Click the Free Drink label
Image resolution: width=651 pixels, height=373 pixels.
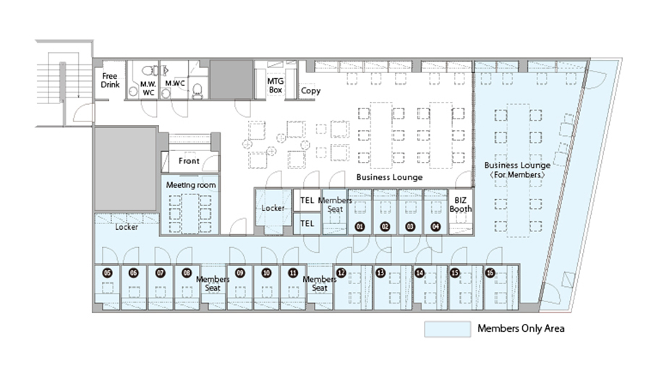110,80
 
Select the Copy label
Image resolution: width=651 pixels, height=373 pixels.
310,91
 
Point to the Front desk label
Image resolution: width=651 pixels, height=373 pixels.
189,161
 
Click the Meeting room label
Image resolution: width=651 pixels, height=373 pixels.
191,185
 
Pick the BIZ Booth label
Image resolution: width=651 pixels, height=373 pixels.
461,204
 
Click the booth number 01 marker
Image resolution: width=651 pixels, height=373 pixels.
360,226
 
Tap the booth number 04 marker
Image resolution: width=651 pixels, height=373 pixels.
435,226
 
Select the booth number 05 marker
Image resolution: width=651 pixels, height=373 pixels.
108,273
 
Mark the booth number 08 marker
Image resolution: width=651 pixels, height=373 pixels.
187,273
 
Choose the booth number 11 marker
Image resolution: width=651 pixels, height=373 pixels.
292,273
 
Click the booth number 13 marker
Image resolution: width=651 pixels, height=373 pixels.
380,273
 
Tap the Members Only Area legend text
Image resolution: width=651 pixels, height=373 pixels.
521,329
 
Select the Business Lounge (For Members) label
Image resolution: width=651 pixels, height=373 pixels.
518,170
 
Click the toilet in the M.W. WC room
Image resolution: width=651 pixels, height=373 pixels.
149,72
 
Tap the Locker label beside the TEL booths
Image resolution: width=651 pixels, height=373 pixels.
273,208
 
